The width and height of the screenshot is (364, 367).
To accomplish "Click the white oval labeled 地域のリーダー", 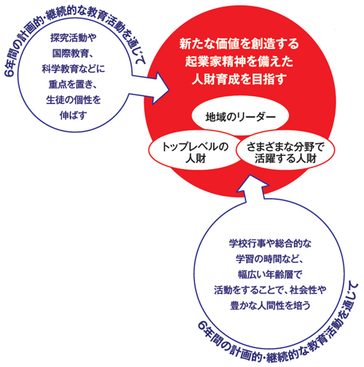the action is pos(240,116).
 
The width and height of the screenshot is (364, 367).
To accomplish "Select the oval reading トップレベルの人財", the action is pos(194,151).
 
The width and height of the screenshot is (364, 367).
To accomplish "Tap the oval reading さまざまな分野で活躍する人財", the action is pos(285,151).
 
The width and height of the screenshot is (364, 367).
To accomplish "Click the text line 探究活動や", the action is pos(74,38).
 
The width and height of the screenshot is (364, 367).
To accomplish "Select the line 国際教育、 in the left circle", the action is pos(73,53).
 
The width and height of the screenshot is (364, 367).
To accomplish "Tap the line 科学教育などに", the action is pos(74,69).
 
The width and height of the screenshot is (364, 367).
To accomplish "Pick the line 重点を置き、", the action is pos(73,84).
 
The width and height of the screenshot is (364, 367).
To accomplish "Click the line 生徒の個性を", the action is pos(74,100).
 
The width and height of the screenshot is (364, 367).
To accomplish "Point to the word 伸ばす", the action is pos(74,116).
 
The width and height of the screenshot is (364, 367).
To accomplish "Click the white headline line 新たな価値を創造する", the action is pos(239,44).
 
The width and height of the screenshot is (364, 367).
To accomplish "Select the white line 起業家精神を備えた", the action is pos(239,62).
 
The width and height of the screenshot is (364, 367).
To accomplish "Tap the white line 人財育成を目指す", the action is pos(239,79).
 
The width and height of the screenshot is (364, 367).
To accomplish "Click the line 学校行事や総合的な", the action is pos(270,243).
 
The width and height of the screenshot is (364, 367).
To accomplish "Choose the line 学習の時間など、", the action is pos(270,259).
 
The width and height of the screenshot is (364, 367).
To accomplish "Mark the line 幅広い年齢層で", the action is pos(270,275).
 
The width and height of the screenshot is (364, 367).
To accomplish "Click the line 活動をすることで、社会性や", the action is pos(270,290).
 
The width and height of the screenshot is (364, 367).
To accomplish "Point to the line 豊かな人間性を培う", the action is pos(270,306).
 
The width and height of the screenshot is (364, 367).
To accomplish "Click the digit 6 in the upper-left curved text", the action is pos(10,72).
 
